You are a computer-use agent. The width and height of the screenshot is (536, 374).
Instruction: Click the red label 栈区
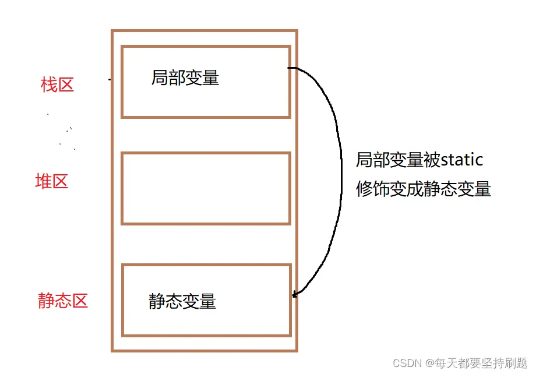[x=58, y=85]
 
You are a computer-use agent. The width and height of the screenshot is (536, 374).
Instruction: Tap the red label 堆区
[x=52, y=182]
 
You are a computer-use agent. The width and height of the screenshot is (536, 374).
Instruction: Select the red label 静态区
[x=63, y=301]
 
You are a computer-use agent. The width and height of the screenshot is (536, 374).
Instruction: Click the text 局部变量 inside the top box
[x=185, y=78]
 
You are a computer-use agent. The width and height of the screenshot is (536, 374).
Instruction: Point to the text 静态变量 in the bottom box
[x=182, y=301]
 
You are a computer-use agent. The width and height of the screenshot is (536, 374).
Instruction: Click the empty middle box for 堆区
[x=206, y=188]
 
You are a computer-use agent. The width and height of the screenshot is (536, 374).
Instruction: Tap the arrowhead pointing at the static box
[x=295, y=294]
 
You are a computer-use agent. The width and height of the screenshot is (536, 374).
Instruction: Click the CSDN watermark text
[x=408, y=363]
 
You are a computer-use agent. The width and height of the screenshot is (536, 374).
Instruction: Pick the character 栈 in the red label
[x=49, y=85]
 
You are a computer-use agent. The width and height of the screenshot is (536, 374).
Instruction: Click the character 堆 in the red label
[x=44, y=182]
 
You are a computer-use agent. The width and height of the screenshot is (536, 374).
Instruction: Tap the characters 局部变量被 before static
[x=390, y=159]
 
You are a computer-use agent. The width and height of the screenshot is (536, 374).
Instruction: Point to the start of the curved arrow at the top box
[x=290, y=68]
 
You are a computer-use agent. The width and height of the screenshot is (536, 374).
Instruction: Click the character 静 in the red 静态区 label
[x=47, y=301]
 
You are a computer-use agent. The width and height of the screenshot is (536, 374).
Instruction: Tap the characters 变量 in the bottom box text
[x=199, y=301]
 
